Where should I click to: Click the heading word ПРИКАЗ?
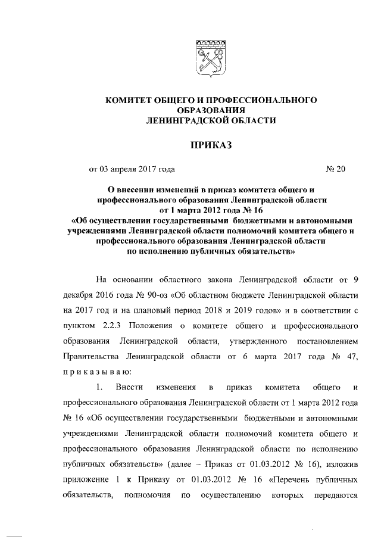210,145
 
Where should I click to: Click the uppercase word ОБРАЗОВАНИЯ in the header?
210,110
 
